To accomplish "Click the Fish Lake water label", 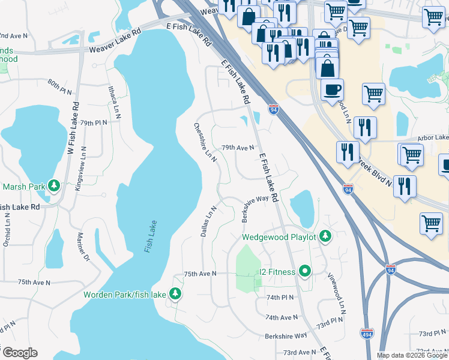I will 150,237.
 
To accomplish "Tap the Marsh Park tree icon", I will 54,186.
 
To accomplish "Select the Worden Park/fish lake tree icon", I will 175,294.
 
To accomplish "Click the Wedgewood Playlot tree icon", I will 325,236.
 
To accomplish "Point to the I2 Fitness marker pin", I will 305,272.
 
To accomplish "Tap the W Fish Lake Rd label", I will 73,128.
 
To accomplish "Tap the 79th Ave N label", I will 238,147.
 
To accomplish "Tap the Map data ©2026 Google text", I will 411,355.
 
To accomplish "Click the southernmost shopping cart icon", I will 432,224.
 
